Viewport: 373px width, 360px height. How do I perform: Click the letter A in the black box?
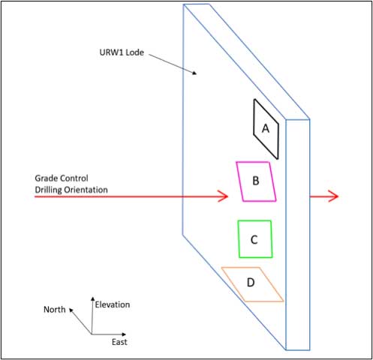coord(266,129)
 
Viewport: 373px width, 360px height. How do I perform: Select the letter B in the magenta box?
coord(256,181)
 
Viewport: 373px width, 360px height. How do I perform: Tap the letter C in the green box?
coord(254,240)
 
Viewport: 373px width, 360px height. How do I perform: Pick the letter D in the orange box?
coord(251,283)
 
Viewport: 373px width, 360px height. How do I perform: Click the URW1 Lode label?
coord(122,52)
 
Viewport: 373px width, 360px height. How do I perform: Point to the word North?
coord(55,310)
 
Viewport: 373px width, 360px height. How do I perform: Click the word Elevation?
coord(113,304)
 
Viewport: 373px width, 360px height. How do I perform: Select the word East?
coord(119,342)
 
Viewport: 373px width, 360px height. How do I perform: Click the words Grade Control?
coord(62,178)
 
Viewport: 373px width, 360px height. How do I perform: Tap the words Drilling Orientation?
coord(71,190)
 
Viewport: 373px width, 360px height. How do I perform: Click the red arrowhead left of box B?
coord(224,196)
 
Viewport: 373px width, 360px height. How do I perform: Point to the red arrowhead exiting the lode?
coord(333,196)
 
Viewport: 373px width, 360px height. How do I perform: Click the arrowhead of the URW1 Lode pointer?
coord(194,73)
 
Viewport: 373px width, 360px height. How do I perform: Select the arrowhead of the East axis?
coord(124,334)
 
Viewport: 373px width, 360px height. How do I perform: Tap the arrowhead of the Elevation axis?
coord(93,298)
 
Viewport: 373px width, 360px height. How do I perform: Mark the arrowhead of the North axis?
coord(71,310)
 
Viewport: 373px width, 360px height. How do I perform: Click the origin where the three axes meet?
coord(92,334)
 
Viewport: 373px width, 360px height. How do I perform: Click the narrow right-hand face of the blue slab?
coord(298,235)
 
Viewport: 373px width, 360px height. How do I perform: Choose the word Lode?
coord(134,52)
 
